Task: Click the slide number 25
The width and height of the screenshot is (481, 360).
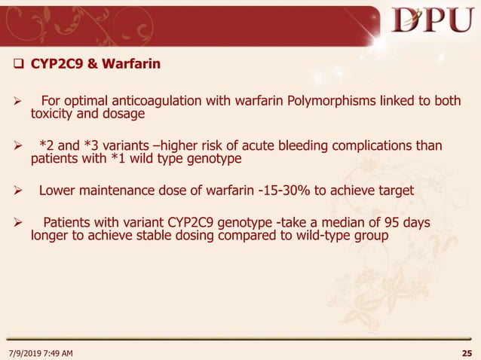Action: [x=467, y=352]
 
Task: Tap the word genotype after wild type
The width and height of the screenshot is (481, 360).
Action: [x=214, y=160]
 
